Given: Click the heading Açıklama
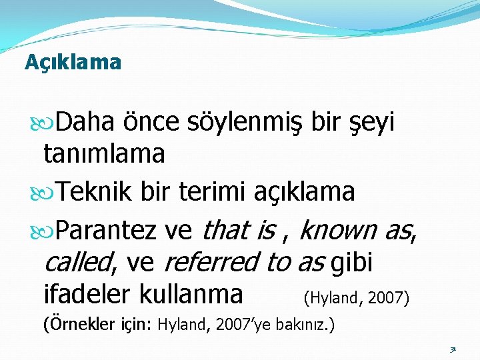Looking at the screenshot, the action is (x=73, y=63).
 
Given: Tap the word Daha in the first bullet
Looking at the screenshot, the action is (x=85, y=121).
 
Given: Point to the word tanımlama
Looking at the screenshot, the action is (x=105, y=153).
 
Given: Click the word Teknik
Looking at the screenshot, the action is (x=94, y=191).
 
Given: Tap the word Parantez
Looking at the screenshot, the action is (x=106, y=230).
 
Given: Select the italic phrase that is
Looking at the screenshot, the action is (x=239, y=229).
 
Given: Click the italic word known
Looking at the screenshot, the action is (x=338, y=229).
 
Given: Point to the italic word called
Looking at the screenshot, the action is (x=78, y=262).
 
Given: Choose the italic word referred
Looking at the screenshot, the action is (x=213, y=262).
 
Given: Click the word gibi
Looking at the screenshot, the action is (x=351, y=263).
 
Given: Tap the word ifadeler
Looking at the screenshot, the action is (x=87, y=294).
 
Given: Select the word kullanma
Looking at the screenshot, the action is (x=191, y=294).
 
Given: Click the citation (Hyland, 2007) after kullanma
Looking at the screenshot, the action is (x=356, y=298).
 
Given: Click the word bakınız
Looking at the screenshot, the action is (x=299, y=325).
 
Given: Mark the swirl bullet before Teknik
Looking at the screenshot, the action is (x=42, y=193).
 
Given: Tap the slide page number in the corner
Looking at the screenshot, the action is (x=453, y=349).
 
